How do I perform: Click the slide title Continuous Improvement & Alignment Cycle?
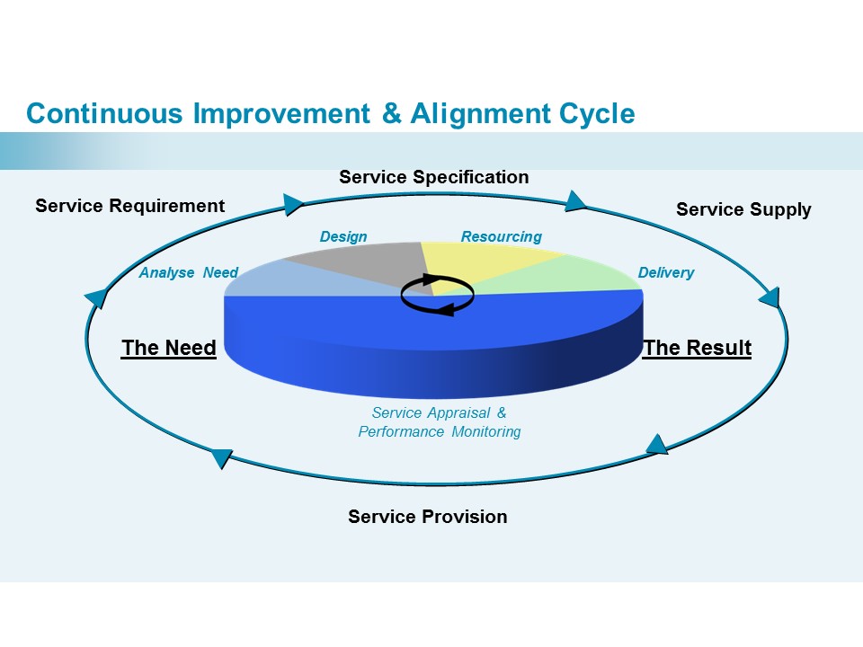[330, 114]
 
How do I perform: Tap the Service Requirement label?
[129, 206]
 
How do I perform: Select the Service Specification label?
[433, 177]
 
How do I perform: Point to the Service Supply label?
[743, 209]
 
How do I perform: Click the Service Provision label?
[427, 517]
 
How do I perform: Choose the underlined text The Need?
[169, 348]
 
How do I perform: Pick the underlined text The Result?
[698, 348]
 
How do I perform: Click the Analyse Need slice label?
[188, 272]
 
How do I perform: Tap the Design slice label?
[343, 237]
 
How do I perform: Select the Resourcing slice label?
[501, 237]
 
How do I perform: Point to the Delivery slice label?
[665, 272]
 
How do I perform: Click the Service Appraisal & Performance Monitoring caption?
[439, 422]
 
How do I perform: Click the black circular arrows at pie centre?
[437, 295]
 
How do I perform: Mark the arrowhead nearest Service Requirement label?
[293, 205]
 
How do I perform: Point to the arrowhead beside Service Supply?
[769, 297]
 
